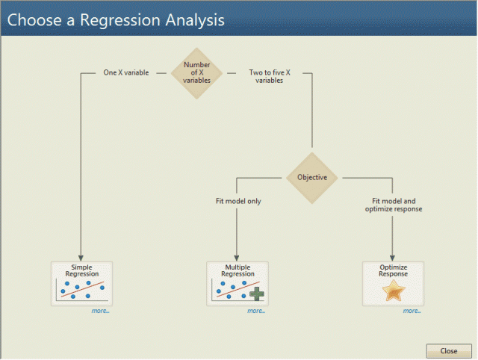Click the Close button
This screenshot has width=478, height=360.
pyautogui.click(x=449, y=350)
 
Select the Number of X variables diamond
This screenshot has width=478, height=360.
pyautogui.click(x=196, y=73)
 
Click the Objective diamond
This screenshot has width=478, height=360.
pyautogui.click(x=312, y=178)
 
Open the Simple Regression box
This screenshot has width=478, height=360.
pyautogui.click(x=81, y=283)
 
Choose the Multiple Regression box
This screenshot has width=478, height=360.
pyautogui.click(x=238, y=283)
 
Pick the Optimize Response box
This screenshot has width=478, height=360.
pyautogui.click(x=393, y=283)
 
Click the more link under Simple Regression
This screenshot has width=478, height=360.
pyautogui.click(x=100, y=311)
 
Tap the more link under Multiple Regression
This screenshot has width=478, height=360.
pyautogui.click(x=255, y=311)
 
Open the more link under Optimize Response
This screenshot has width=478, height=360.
pyautogui.click(x=412, y=311)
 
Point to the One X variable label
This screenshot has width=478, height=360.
pyautogui.click(x=125, y=73)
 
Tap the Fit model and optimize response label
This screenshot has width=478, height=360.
pyautogui.click(x=394, y=205)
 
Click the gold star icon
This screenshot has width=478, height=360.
pyautogui.click(x=394, y=291)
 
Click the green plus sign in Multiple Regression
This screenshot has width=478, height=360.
pyautogui.click(x=258, y=294)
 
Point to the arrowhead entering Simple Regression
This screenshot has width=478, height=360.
pyautogui.click(x=81, y=256)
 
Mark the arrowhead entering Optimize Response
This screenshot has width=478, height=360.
pyautogui.click(x=393, y=256)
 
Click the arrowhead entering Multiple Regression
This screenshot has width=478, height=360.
pyautogui.click(x=237, y=256)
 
